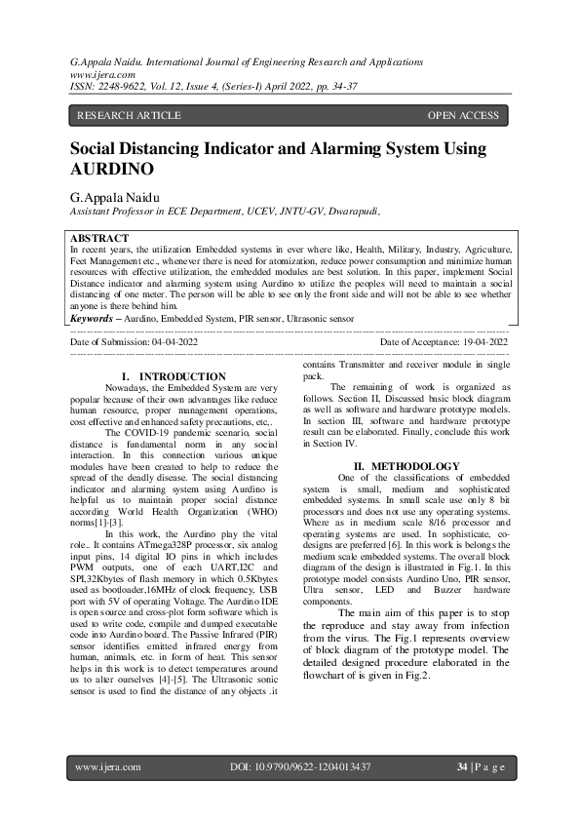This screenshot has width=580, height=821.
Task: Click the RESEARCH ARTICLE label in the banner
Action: pos(129,116)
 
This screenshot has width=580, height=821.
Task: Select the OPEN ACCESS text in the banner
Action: pos(463,116)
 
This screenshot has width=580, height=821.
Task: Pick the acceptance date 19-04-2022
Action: pos(479,342)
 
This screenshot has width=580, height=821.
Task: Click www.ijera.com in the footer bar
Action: pos(108,767)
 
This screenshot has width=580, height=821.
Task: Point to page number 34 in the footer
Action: pos(462,767)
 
